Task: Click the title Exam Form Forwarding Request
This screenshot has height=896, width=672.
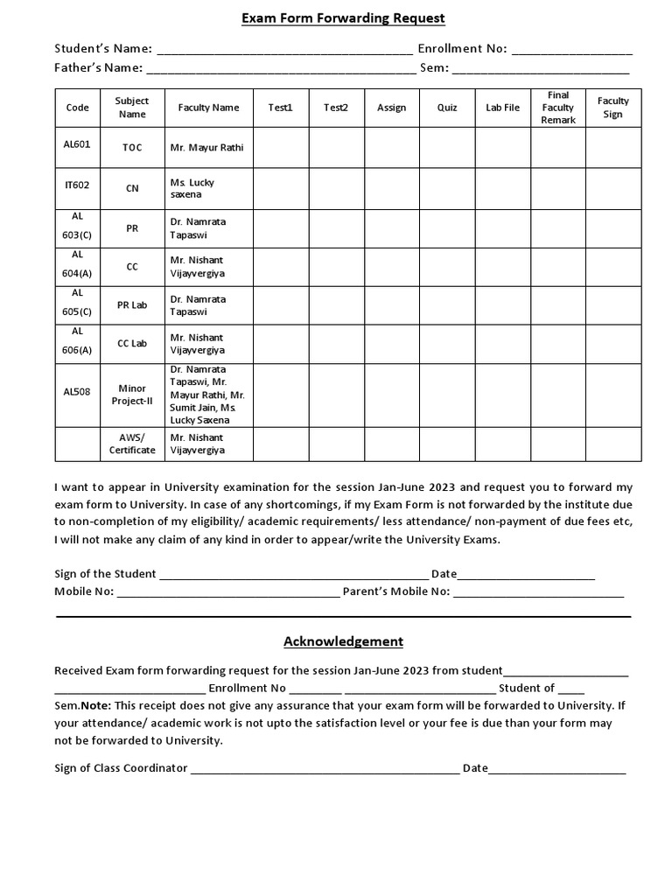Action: pos(343,18)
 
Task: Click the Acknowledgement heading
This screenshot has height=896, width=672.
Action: pos(343,641)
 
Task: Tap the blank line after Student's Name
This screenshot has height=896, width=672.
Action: pos(283,51)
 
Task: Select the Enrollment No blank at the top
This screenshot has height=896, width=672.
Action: pos(571,51)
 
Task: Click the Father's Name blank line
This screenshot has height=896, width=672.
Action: pos(281,70)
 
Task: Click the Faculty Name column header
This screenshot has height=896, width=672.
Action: pos(208,108)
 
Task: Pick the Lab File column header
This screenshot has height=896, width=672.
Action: pos(502,108)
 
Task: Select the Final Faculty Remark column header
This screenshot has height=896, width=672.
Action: pos(557,108)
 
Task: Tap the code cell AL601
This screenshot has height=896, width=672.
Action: pos(77,144)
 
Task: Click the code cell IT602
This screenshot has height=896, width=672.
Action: pos(77,185)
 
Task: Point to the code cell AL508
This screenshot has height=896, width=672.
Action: pos(77,392)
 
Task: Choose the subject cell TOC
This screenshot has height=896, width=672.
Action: pos(132,148)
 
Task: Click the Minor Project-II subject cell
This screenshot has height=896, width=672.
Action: pos(132,395)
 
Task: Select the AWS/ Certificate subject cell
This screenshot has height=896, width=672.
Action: pos(132,444)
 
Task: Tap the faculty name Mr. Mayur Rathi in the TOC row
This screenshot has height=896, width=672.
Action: pos(206,148)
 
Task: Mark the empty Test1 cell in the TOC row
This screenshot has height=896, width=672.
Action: pos(281,148)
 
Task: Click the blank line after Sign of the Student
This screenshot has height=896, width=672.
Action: pos(293,576)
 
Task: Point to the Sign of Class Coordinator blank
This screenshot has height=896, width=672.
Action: pos(325,770)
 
